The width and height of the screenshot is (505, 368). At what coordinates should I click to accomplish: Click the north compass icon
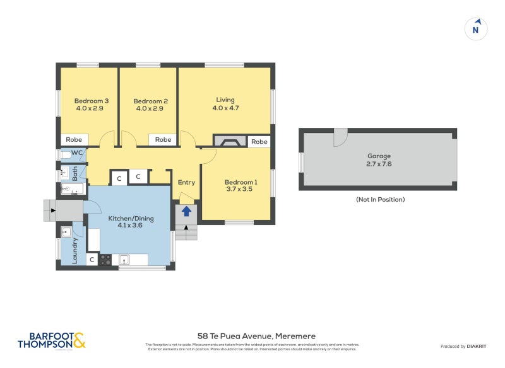(477, 29)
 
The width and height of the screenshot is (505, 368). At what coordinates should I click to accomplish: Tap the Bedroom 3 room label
(92, 105)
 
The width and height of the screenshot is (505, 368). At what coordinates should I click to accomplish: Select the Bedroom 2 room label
(150, 105)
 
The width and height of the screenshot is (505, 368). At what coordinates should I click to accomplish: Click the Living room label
(225, 104)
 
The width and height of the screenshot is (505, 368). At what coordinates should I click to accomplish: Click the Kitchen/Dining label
(131, 222)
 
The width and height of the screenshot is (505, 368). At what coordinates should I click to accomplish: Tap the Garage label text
(379, 160)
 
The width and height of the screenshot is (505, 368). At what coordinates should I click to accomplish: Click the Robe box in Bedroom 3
(74, 140)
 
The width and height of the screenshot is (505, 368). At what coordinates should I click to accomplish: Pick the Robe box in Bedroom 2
(163, 140)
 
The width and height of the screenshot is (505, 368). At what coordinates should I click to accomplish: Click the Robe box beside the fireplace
(259, 142)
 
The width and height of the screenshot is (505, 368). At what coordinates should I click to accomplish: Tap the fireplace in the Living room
(229, 142)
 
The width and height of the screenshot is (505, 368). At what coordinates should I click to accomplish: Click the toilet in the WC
(65, 154)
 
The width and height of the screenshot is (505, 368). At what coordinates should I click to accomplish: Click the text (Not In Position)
(379, 200)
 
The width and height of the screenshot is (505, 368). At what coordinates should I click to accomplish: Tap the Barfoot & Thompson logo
(51, 340)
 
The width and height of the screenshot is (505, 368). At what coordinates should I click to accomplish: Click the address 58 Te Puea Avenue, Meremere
(256, 336)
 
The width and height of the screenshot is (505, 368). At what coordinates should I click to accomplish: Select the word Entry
(186, 183)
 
